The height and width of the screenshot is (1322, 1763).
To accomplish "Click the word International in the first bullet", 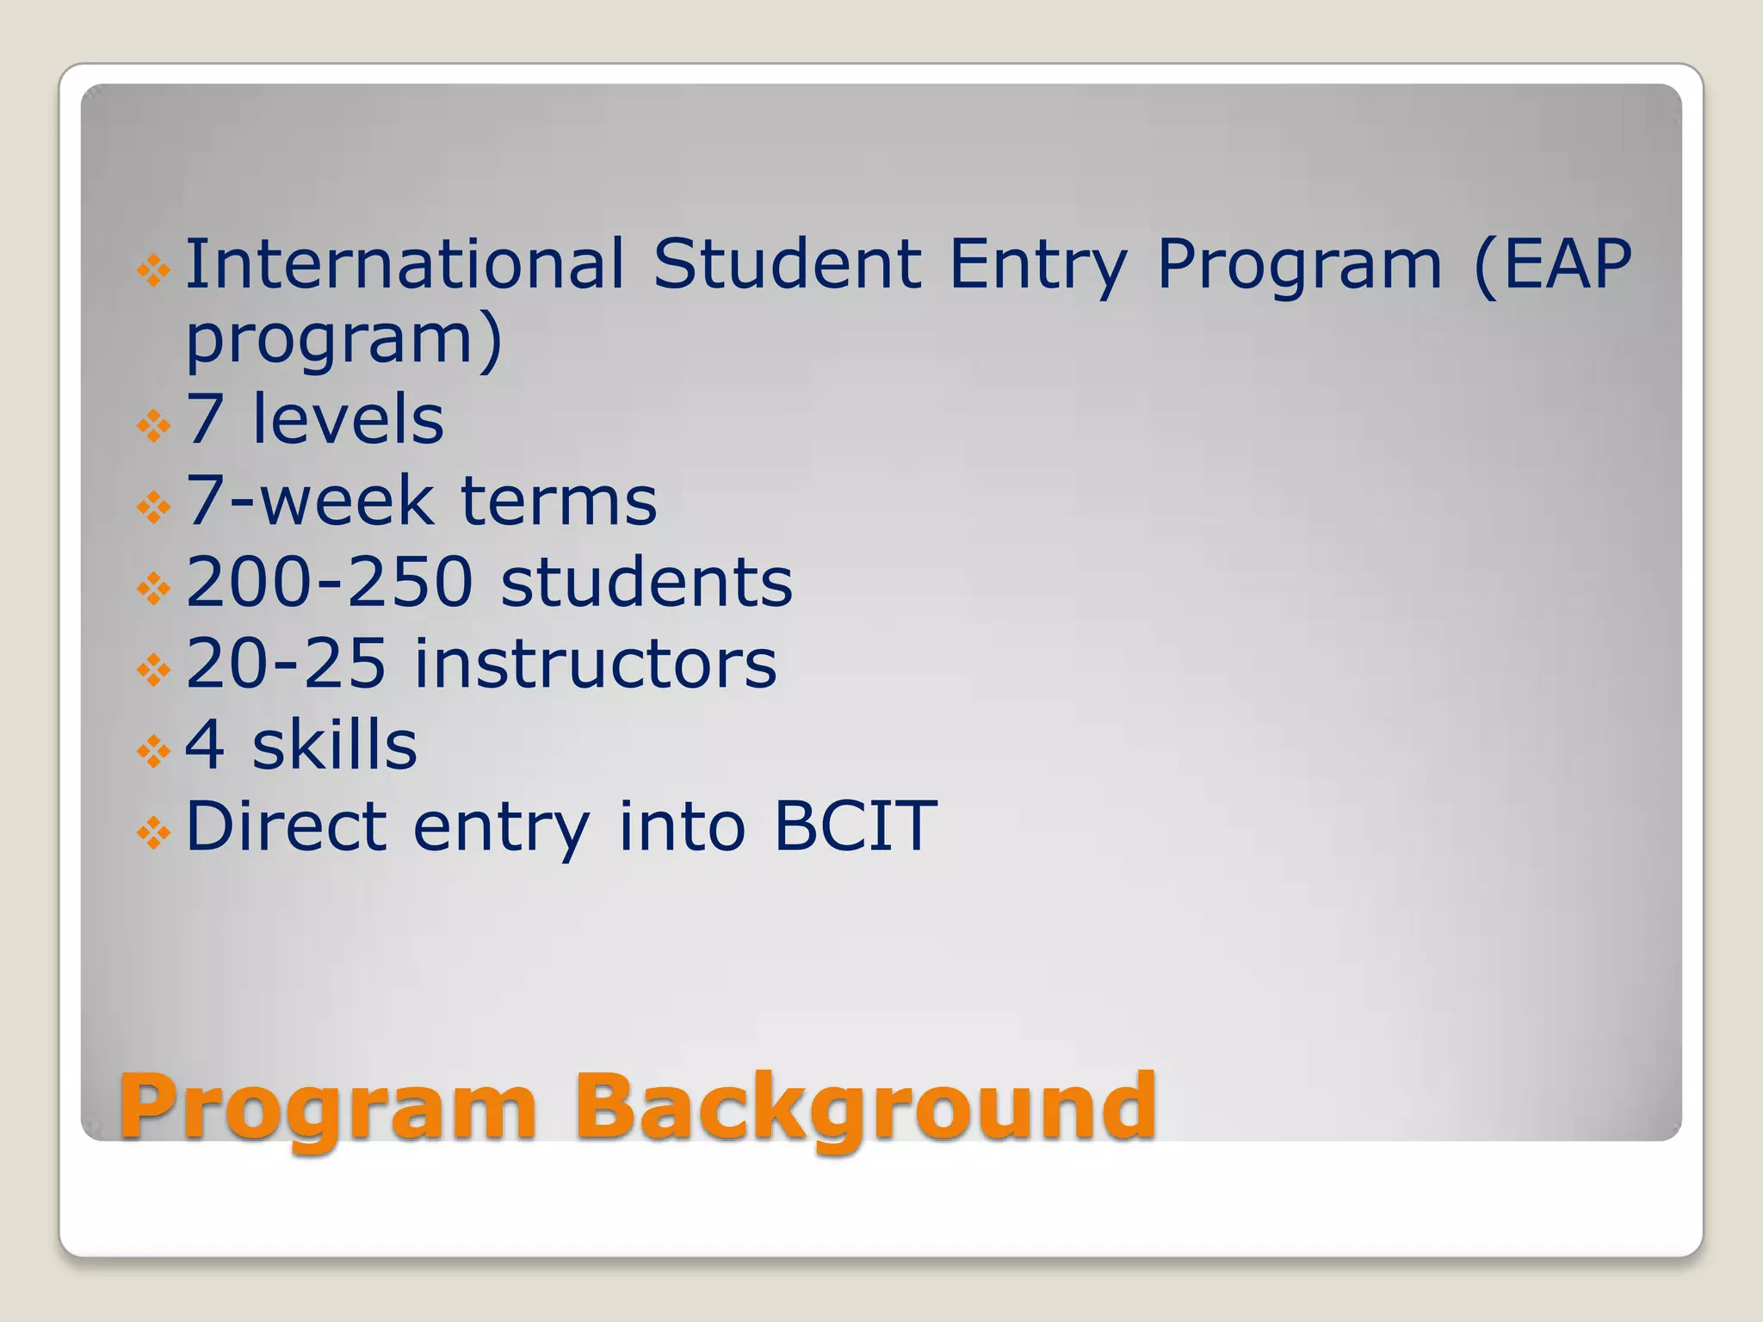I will tap(405, 263).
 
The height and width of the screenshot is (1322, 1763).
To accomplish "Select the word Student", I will tap(787, 263).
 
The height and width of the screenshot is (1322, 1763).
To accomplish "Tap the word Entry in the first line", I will tap(1037, 265).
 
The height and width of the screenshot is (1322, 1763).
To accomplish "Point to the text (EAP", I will tap(1553, 263).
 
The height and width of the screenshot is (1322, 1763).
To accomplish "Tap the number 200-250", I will tap(329, 582).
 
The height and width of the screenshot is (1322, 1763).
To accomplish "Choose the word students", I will tap(646, 582).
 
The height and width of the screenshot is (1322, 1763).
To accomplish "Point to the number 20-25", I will tap(286, 663).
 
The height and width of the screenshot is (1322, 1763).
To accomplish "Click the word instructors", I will tap(596, 663).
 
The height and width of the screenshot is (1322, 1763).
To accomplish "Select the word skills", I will tap(334, 744).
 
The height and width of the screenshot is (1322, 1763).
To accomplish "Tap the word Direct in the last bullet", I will tap(286, 825).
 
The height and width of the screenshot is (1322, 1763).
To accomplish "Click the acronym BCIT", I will tap(855, 825).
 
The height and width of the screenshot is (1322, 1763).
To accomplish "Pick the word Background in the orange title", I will tap(865, 1108).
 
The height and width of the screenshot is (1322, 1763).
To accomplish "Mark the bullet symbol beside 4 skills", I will tap(153, 751).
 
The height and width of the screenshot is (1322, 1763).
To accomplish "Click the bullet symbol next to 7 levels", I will tap(153, 426).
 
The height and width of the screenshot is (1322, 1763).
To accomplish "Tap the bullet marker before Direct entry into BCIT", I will tap(153, 832).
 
